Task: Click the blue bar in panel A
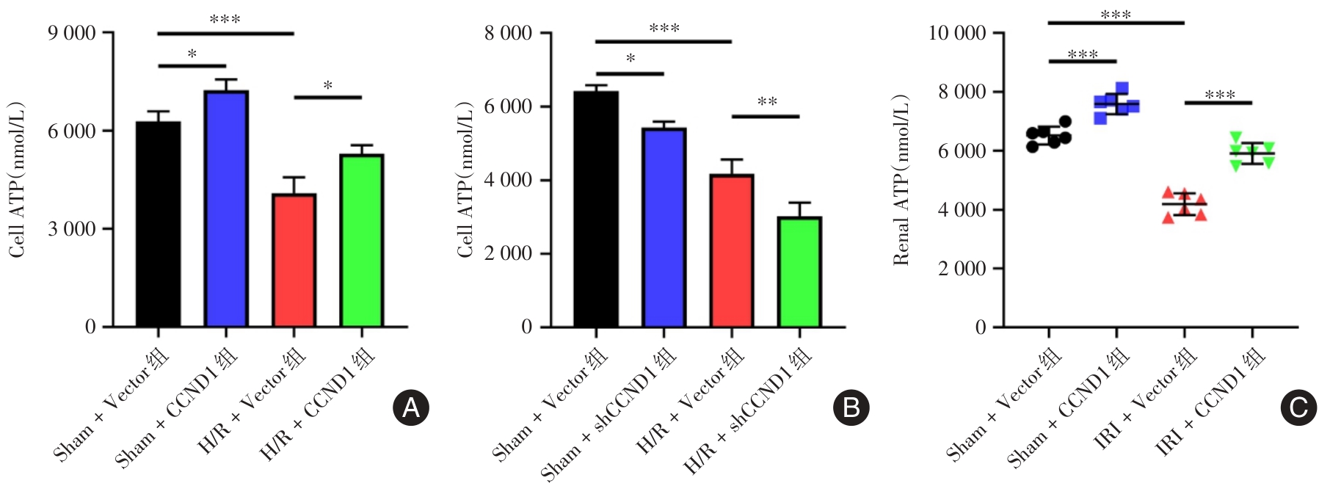click(226, 209)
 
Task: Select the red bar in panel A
click(294, 261)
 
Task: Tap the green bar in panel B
click(799, 272)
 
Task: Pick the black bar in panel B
click(595, 209)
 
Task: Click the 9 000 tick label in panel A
click(72, 33)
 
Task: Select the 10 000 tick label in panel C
click(957, 33)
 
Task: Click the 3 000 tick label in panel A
click(72, 229)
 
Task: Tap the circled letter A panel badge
click(410, 407)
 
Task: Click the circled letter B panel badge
click(851, 407)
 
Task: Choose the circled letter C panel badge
click(1298, 407)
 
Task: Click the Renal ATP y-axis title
click(901, 180)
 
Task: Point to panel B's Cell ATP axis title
click(465, 180)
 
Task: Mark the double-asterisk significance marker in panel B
click(767, 102)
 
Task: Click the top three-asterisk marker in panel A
click(225, 20)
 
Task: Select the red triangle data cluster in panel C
click(1184, 205)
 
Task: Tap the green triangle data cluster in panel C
click(1251, 152)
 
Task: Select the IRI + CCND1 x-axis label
click(1211, 402)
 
